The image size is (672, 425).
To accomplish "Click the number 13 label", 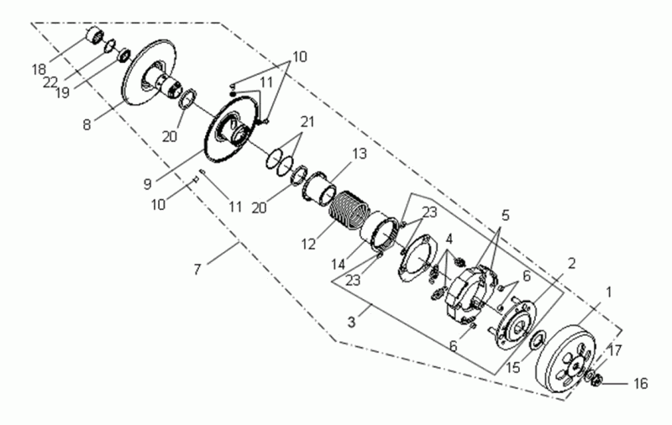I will (360, 155).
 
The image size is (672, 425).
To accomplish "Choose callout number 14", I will (339, 263).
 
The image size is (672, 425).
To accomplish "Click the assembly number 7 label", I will (197, 270).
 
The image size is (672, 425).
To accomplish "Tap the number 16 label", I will (640, 384).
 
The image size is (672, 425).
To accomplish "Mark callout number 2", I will (570, 263).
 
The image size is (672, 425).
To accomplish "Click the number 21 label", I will (307, 123).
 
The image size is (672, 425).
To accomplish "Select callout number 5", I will (504, 214).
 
